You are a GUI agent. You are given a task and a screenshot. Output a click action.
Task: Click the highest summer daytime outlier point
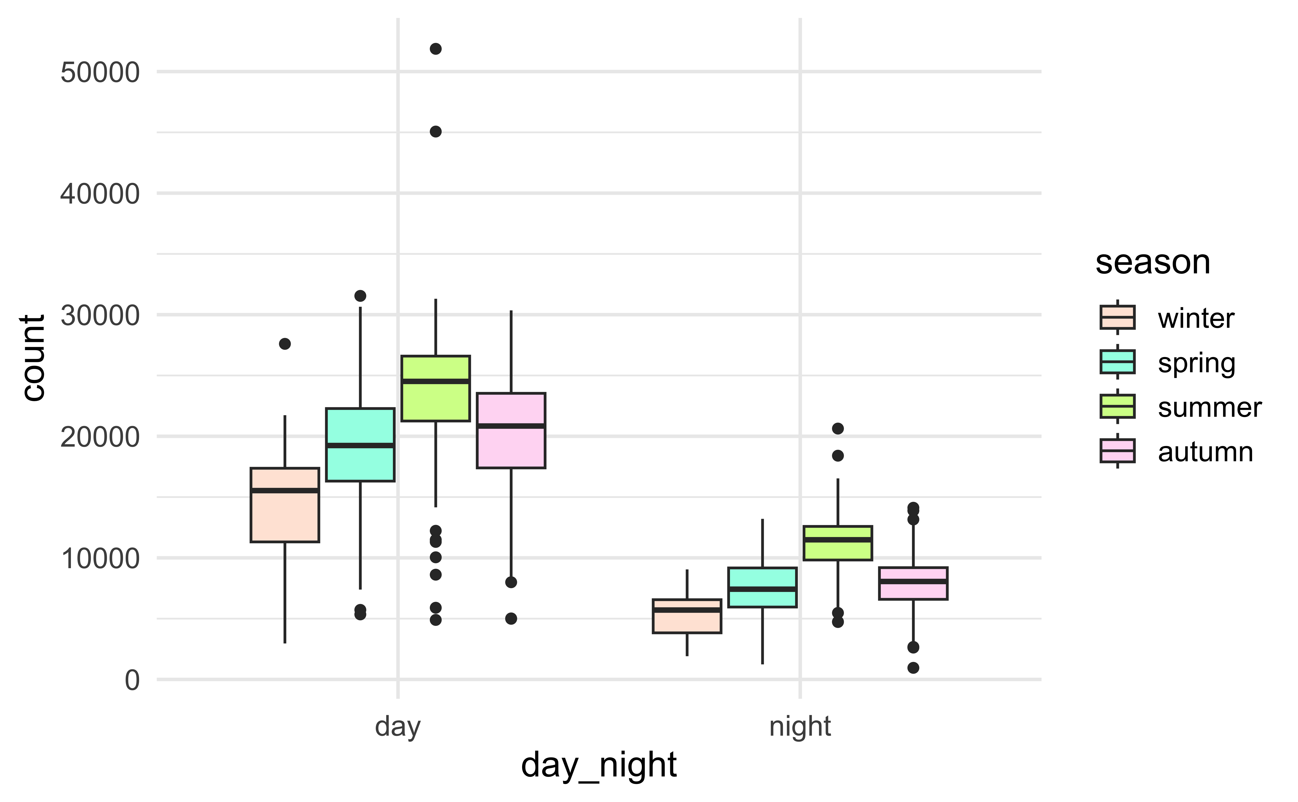[x=436, y=49]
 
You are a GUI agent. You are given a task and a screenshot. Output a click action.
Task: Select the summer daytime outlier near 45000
[x=436, y=132]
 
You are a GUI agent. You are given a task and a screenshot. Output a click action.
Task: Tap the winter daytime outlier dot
[x=285, y=344]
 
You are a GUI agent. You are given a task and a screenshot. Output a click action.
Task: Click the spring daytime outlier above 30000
[x=360, y=295]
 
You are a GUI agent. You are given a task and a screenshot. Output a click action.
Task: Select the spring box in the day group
[x=360, y=461]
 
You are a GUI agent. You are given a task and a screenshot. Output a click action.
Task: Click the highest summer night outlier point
[x=838, y=428]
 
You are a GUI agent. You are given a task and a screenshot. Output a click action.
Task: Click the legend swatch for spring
[x=1118, y=362]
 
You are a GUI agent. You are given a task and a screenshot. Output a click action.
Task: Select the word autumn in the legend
[x=1205, y=452]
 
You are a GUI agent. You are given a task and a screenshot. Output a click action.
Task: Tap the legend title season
[x=1153, y=262]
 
